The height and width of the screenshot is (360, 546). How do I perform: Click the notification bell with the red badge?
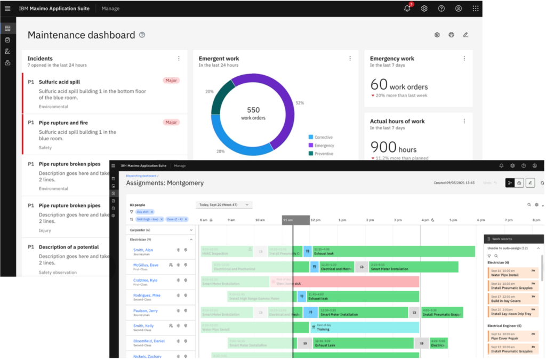(x=407, y=8)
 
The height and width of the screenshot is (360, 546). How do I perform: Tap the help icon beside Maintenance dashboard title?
(x=142, y=35)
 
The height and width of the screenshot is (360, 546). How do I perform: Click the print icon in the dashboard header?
(x=451, y=35)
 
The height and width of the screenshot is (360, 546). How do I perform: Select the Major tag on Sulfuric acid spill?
(x=171, y=81)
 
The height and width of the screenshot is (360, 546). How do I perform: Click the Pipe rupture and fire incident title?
(x=63, y=123)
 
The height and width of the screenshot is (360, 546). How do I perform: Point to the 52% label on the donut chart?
(x=300, y=103)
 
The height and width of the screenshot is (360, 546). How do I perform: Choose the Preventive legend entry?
(x=323, y=154)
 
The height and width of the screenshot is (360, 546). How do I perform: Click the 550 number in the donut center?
(x=253, y=110)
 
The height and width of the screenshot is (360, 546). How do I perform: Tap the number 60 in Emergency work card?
(x=379, y=85)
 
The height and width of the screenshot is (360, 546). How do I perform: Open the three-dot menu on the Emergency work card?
(x=464, y=59)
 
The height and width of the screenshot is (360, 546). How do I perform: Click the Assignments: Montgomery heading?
(x=165, y=183)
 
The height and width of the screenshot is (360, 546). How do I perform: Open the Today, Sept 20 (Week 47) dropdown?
(x=223, y=205)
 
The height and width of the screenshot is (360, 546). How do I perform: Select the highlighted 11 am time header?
(x=295, y=220)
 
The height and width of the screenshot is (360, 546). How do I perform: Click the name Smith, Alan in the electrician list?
(x=142, y=250)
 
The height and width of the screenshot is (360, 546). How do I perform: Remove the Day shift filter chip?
(x=151, y=212)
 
